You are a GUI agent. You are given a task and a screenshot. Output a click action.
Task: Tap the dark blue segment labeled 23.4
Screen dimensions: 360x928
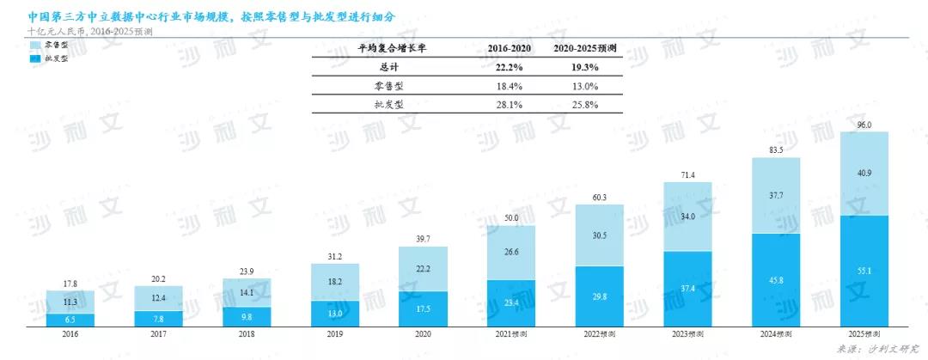tap(510, 303)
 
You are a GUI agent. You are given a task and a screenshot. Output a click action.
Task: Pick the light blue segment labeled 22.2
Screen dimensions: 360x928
tap(423, 269)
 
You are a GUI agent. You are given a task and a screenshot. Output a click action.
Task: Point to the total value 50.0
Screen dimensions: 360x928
tap(510, 219)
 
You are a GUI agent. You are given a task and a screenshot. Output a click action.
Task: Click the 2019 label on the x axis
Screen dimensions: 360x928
tap(334, 334)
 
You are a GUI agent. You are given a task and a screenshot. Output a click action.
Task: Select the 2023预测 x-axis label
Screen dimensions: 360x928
tap(687, 334)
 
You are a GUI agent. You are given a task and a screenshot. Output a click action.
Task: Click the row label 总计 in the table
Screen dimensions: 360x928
tap(391, 67)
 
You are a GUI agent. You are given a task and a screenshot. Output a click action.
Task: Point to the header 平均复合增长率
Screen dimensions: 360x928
tap(391, 49)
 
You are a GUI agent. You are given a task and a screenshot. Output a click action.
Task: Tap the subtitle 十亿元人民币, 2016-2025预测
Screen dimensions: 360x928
tap(89, 31)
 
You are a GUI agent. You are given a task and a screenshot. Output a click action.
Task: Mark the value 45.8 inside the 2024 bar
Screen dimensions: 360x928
tap(776, 280)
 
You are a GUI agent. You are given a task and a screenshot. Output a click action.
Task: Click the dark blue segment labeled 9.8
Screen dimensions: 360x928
tap(246, 314)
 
